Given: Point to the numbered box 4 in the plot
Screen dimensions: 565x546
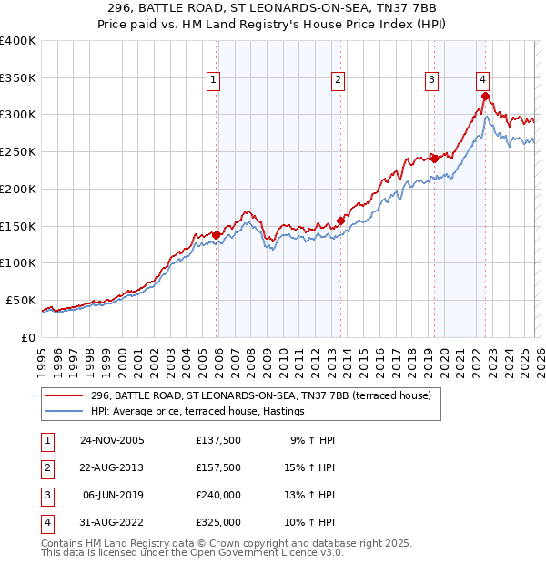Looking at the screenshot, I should click(482, 79).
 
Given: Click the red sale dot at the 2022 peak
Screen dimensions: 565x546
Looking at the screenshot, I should click(486, 96).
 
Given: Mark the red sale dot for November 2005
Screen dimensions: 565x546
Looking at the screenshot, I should click(216, 235).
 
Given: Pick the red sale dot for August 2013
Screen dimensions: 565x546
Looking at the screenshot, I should click(340, 220).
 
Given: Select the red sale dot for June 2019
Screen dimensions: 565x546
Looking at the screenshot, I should click(434, 159).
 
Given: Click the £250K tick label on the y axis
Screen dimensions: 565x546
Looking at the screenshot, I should click(18, 152).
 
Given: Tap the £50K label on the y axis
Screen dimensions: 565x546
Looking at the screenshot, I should click(21, 300).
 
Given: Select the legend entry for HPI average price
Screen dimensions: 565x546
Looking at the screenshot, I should click(197, 412).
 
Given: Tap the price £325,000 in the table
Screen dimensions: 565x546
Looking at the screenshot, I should click(218, 523).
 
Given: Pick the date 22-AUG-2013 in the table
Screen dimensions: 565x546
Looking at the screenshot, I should click(111, 468).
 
